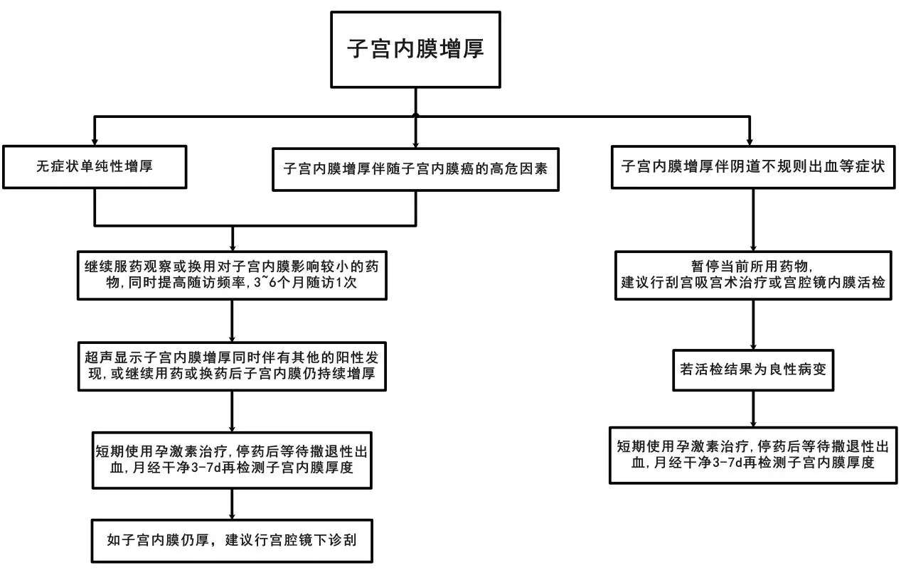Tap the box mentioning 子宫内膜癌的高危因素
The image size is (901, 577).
(x=415, y=169)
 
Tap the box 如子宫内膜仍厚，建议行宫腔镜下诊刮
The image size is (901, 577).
(x=231, y=539)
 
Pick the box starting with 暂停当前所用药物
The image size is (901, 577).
(x=752, y=274)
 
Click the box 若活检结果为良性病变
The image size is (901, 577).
(x=752, y=370)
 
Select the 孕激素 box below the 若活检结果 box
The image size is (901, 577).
(x=752, y=454)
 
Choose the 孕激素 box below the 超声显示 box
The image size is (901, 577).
(x=233, y=460)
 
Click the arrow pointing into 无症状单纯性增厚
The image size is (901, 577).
(x=95, y=132)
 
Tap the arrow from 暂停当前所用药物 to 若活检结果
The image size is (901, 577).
(x=752, y=324)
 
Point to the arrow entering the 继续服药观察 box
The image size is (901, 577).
(x=233, y=238)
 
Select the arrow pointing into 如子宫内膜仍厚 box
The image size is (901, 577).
(x=232, y=505)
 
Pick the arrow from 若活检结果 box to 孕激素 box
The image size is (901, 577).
(x=752, y=409)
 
